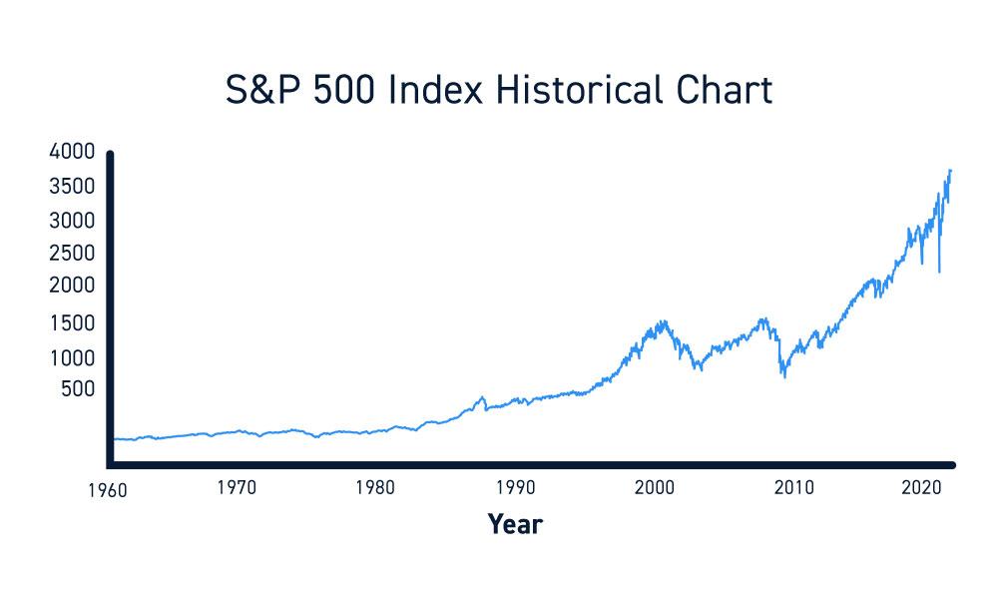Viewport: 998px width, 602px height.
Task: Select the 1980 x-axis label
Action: [x=375, y=488]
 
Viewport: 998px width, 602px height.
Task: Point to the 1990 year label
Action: [x=515, y=488]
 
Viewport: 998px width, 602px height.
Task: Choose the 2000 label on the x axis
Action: [x=655, y=488]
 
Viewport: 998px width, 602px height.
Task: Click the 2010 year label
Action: [x=794, y=488]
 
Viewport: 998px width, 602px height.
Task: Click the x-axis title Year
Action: [x=515, y=523]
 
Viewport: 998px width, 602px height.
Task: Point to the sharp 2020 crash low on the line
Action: [x=939, y=272]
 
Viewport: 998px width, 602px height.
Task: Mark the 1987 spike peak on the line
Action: [x=483, y=397]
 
